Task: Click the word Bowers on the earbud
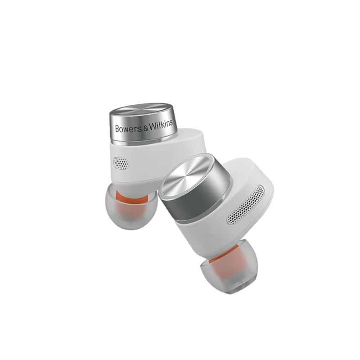point(129,128)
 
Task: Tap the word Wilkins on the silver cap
point(161,125)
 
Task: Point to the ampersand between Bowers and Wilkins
point(146,128)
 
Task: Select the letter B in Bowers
point(117,129)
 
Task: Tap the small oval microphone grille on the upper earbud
point(121,163)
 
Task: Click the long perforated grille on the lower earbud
point(245,205)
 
